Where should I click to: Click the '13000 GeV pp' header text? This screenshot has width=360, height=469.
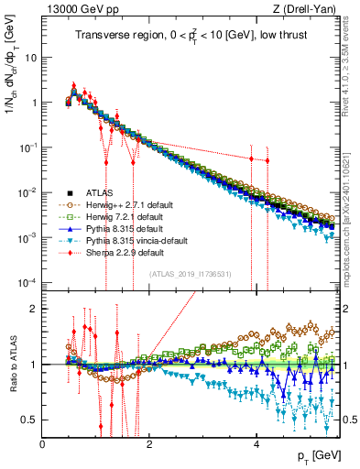coord(80,10)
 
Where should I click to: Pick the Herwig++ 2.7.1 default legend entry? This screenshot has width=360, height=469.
coord(130,204)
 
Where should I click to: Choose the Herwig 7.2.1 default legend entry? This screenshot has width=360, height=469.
coord(126,216)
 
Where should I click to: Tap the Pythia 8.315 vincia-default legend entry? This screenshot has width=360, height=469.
coord(136,240)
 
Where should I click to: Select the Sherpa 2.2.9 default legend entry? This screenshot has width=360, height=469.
coord(125,252)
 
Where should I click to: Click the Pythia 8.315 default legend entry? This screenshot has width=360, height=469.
coord(125,228)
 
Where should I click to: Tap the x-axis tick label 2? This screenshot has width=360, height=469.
coord(150,443)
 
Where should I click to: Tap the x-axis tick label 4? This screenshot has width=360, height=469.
coord(257,443)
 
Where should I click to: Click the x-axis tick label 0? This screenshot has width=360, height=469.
coord(43,443)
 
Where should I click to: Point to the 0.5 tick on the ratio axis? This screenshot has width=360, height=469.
coord(30,420)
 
